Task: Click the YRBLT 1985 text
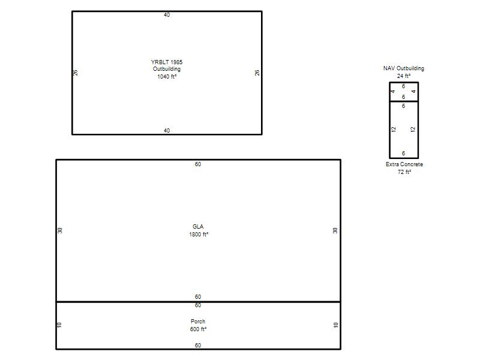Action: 167,62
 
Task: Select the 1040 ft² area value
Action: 167,77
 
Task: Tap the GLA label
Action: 198,227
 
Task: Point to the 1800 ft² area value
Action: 199,235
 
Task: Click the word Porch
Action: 198,322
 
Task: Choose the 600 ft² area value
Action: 198,329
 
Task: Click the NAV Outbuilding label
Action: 404,68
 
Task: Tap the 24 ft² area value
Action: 404,76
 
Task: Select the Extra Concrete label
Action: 404,164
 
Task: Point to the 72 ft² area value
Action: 404,172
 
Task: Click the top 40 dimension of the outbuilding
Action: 167,14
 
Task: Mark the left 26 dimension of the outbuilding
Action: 76,73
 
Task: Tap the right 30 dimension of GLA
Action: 335,230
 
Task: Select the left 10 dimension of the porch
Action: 59,325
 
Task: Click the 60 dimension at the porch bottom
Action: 198,346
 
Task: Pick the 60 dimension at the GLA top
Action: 198,164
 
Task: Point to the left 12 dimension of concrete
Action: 394,130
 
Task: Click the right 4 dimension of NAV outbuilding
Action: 413,92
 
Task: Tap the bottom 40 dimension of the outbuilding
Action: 167,130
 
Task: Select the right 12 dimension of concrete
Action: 413,130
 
